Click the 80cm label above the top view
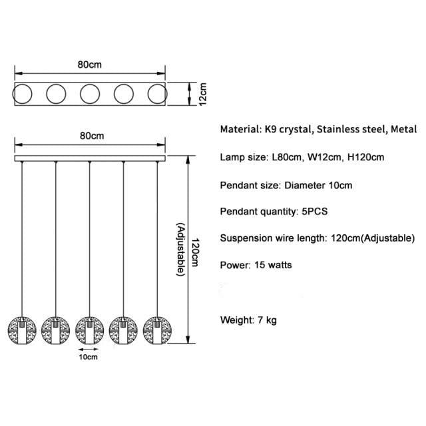coord(89,65)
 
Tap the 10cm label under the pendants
coord(89,357)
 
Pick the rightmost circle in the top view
coord(157,94)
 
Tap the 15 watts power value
coord(272,265)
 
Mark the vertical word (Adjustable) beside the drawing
coord(180,249)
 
